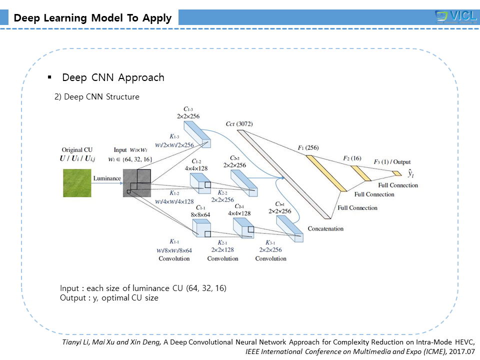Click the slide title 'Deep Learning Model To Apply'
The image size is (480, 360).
pos(92,18)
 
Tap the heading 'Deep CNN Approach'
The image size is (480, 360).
pos(113,78)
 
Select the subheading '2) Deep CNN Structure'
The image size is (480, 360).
pos(96,97)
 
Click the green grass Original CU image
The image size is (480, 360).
pos(76,183)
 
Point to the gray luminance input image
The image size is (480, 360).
pos(136,183)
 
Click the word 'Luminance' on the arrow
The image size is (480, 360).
pos(107,178)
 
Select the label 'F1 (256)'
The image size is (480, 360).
pos(308,147)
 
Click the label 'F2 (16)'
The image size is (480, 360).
pos(352,158)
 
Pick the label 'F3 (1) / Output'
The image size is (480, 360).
pos(392,162)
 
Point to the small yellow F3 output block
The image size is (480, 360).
pos(396,173)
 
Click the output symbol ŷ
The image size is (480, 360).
pos(410,174)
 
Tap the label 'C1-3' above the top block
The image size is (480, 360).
pos(188,108)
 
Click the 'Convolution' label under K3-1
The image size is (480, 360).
pos(270,258)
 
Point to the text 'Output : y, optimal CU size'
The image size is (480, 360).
pos(109,298)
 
